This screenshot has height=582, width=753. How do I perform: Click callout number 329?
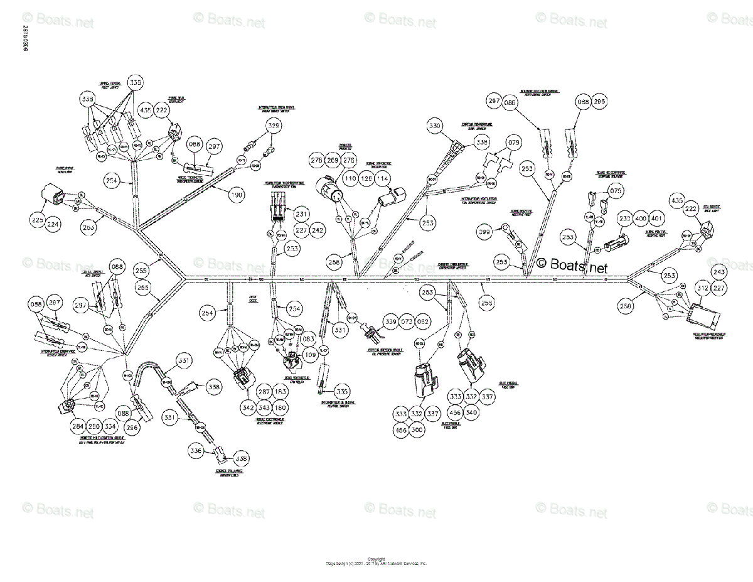[274, 127]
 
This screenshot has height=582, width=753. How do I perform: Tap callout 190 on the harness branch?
[236, 195]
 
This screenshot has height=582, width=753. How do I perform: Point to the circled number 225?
[38, 220]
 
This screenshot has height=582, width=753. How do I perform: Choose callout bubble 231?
[302, 213]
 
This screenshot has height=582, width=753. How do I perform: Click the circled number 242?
[318, 230]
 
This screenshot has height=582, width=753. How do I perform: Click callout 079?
[514, 144]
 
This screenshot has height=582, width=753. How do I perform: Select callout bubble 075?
[616, 191]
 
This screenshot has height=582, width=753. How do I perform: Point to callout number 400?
[641, 218]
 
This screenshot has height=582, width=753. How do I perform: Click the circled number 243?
[718, 272]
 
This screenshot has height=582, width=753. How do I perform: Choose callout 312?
[703, 288]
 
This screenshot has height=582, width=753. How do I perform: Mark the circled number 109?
[310, 355]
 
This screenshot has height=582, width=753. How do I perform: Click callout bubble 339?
[391, 321]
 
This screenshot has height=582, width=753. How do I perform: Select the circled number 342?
[248, 408]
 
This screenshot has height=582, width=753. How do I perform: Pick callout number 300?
[417, 430]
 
